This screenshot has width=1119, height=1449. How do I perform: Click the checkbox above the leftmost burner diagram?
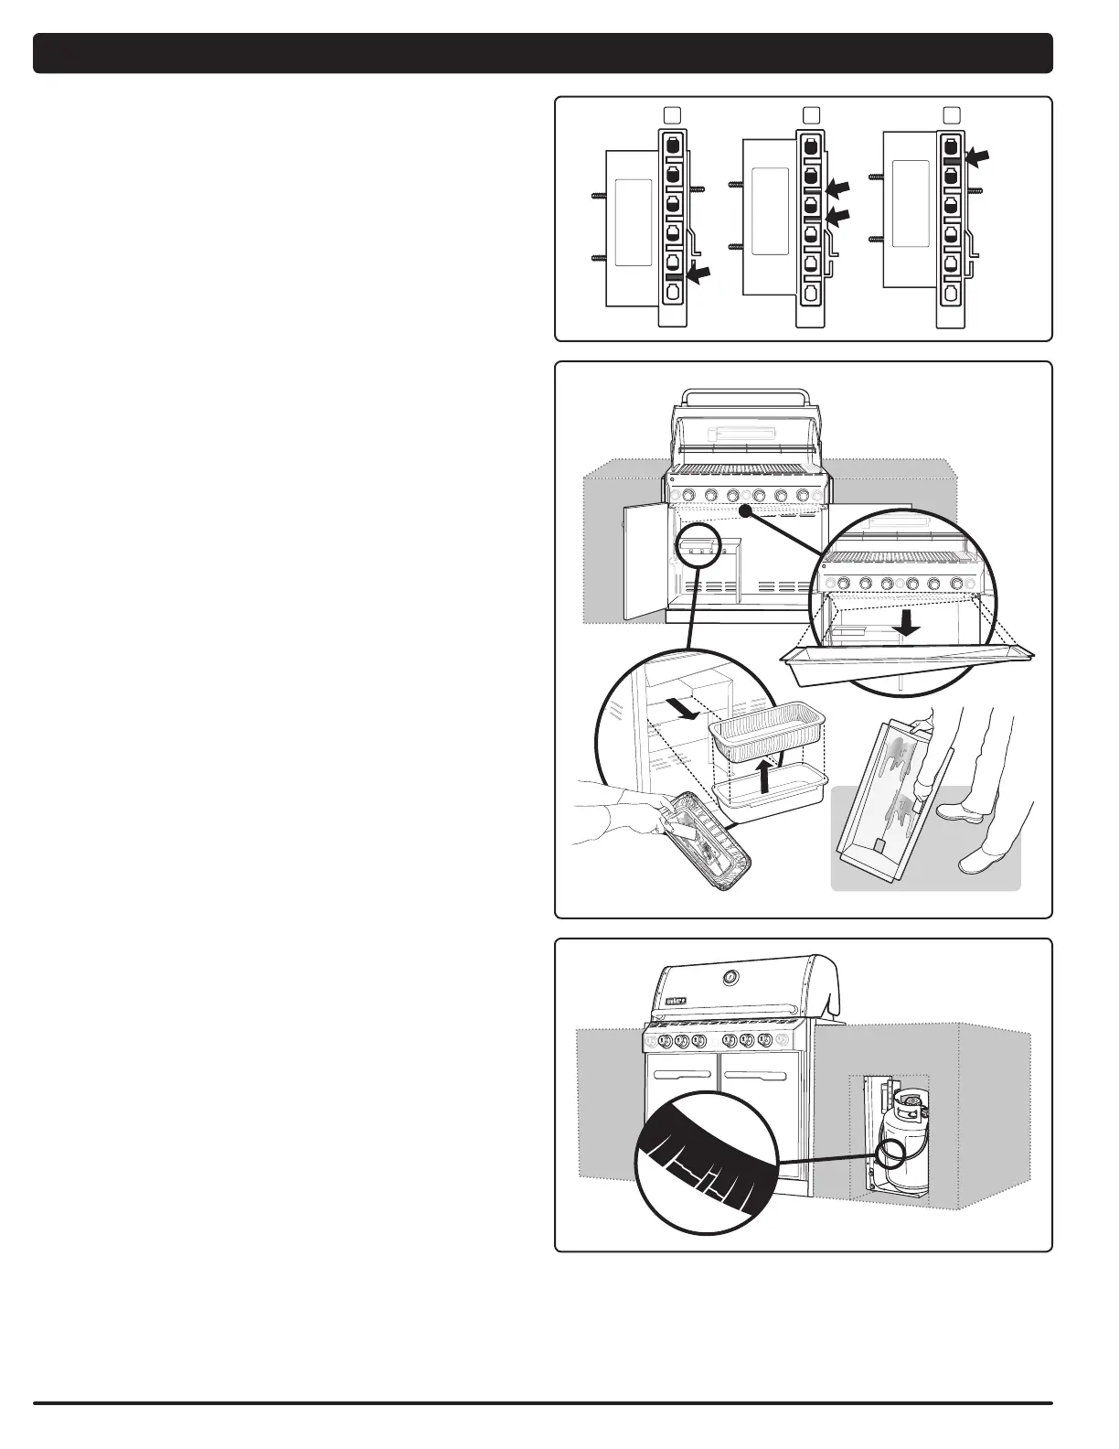click(x=671, y=113)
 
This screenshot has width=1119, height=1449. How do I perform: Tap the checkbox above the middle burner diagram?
click(x=810, y=113)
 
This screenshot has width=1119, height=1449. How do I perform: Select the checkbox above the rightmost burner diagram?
click(x=951, y=113)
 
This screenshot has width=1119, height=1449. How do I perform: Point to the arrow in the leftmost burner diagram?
click(x=698, y=274)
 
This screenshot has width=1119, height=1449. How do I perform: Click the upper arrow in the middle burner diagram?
click(x=837, y=188)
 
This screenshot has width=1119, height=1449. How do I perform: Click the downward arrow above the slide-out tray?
click(x=906, y=623)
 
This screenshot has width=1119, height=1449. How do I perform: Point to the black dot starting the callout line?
click(x=746, y=514)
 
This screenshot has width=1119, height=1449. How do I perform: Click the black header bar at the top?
click(x=543, y=53)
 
